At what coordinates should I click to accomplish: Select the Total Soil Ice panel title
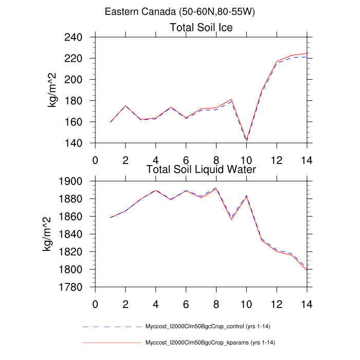point(201,28)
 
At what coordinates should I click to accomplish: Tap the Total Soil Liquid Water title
point(201,169)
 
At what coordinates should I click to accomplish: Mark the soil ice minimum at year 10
point(247,140)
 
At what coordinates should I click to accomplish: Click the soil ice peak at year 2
point(125,105)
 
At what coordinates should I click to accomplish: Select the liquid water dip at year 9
point(231,220)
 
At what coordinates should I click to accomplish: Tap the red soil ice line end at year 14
point(307,53)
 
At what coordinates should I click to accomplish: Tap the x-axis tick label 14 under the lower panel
point(307,303)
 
